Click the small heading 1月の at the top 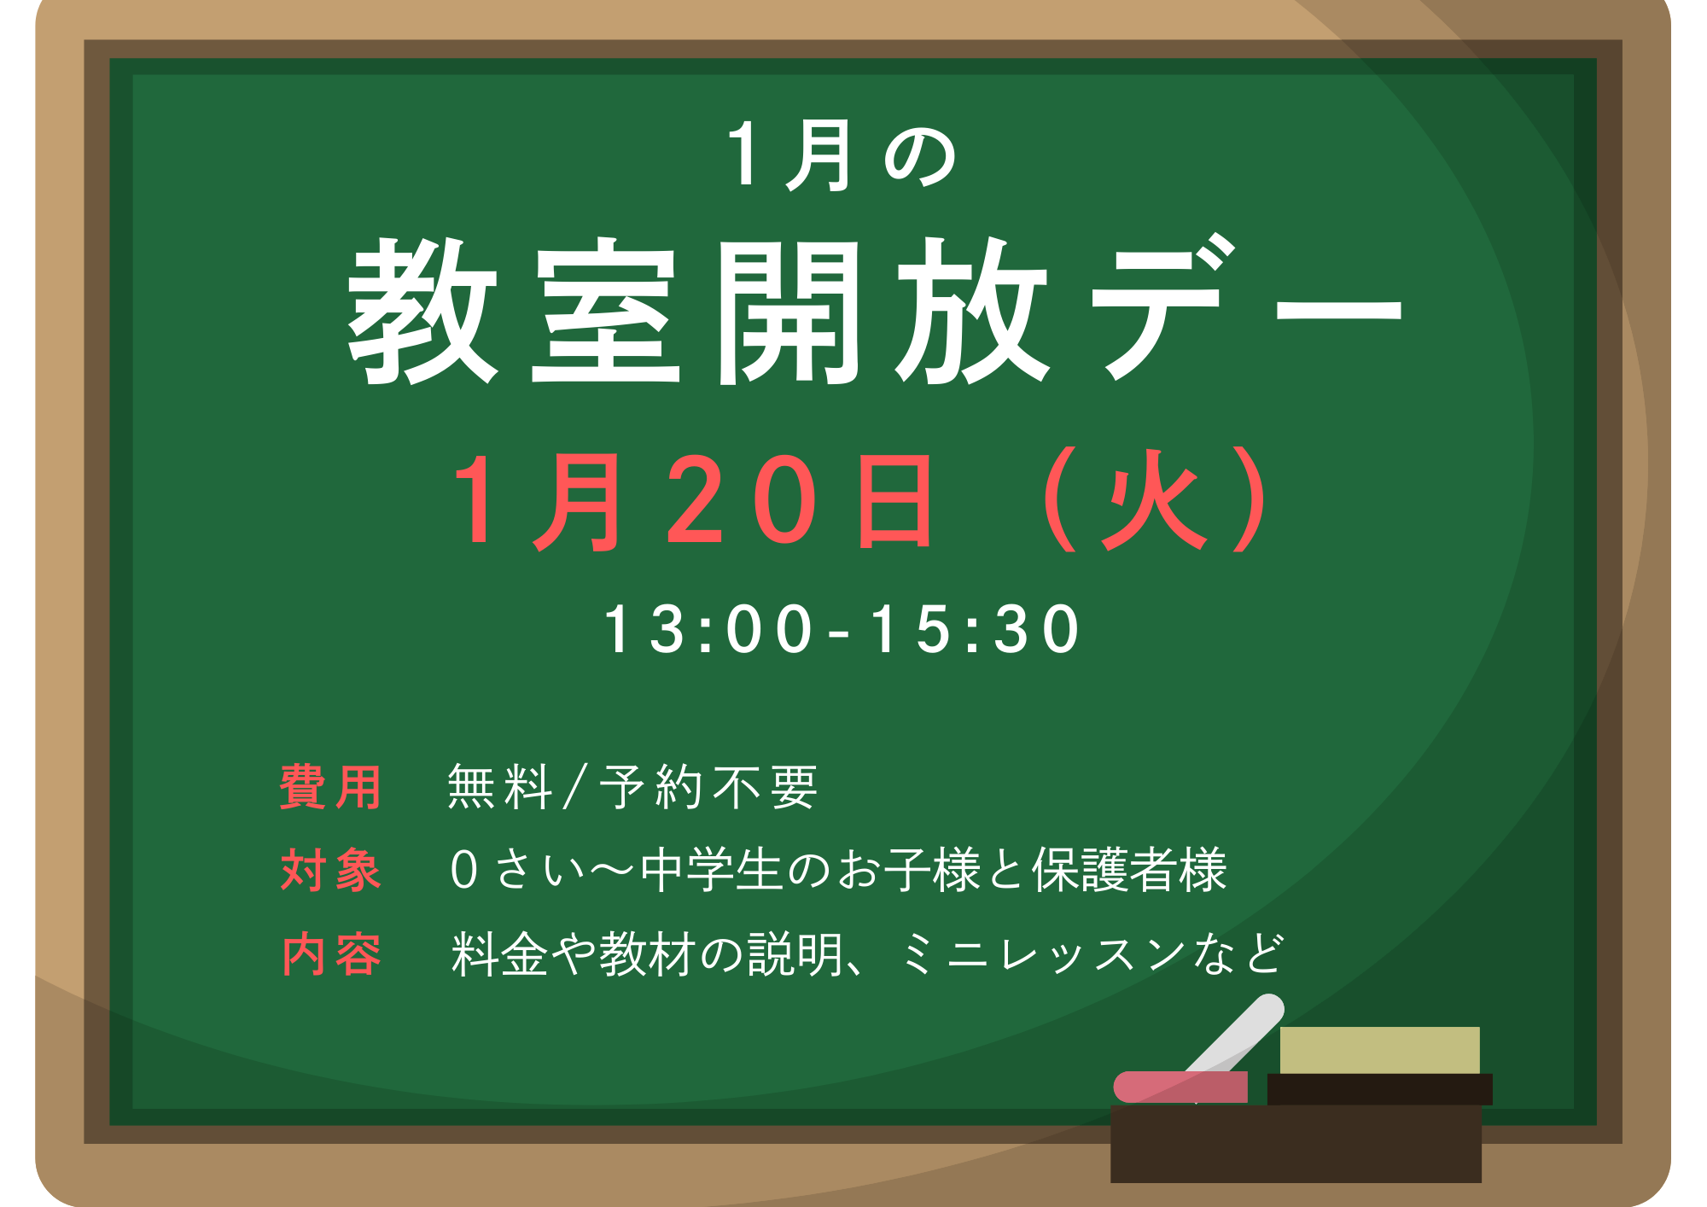pyautogui.click(x=841, y=155)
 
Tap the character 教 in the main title pyautogui.click(x=423, y=311)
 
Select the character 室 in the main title pyautogui.click(x=606, y=311)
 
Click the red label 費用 pyautogui.click(x=330, y=786)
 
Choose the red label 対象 pyautogui.click(x=330, y=870)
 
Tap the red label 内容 pyautogui.click(x=330, y=953)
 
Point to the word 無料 pyautogui.click(x=500, y=786)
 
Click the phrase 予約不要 pyautogui.click(x=708, y=786)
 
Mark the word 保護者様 pyautogui.click(x=1129, y=870)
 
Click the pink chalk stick pyautogui.click(x=1180, y=1087)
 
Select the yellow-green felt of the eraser pyautogui.click(x=1379, y=1050)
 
